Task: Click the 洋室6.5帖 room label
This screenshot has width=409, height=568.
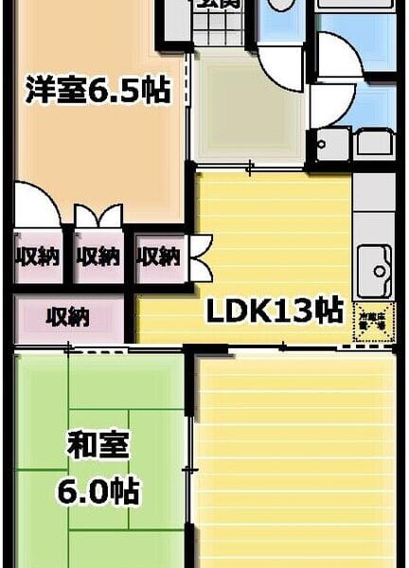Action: (98, 92)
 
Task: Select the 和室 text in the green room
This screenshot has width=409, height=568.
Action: (97, 446)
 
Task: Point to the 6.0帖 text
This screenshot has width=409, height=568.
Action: (97, 492)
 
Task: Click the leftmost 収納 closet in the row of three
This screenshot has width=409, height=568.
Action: (37, 256)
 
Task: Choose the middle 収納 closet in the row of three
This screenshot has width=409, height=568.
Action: (98, 256)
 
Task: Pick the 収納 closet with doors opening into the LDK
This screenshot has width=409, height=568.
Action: (158, 256)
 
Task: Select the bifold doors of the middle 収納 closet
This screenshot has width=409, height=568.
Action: (98, 217)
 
